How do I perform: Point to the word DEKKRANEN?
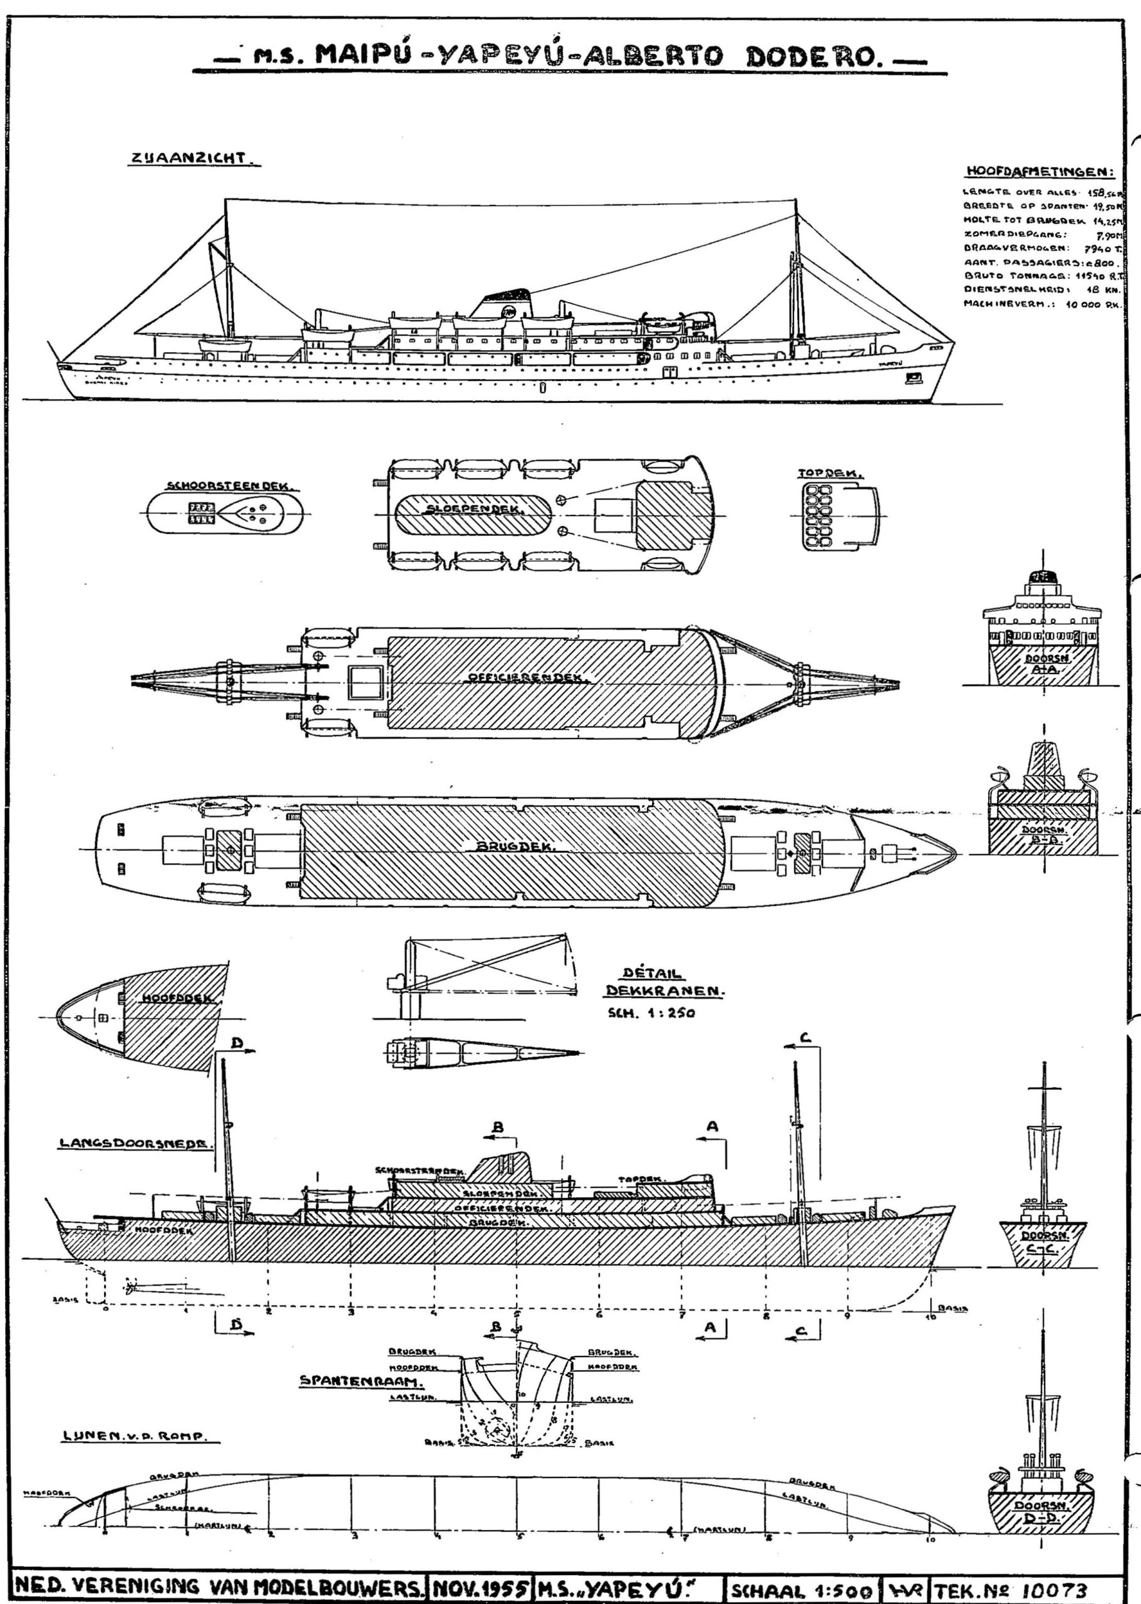664,991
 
